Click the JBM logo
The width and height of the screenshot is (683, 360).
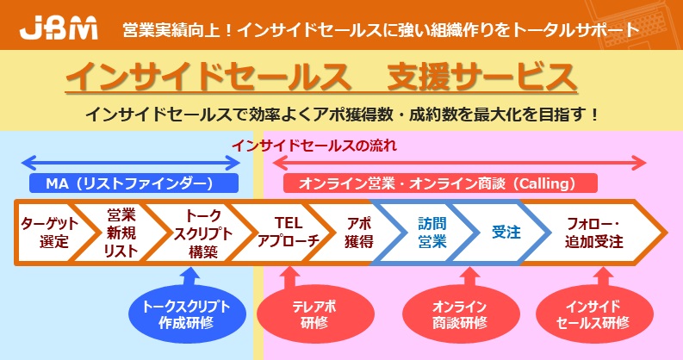click(59, 29)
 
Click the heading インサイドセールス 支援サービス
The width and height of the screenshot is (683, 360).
click(321, 77)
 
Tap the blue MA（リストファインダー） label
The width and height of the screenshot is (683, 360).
click(133, 183)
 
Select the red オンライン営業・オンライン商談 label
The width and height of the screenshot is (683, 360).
click(440, 183)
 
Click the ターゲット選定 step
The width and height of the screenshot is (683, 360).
click(49, 233)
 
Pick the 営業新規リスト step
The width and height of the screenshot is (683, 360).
click(121, 233)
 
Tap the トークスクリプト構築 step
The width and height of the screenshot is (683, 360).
click(202, 233)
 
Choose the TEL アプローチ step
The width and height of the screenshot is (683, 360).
click(288, 233)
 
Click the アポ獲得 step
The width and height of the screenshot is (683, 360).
click(358, 233)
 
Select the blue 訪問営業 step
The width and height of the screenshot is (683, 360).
click(432, 233)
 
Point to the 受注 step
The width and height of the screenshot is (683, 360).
click(506, 233)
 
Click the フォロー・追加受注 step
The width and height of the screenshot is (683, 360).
click(593, 233)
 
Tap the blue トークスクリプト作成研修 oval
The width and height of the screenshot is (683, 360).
click(187, 314)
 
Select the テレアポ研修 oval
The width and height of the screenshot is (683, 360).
click(315, 314)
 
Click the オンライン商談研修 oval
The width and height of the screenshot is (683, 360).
click(461, 314)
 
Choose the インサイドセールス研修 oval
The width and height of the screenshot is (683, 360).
click(594, 314)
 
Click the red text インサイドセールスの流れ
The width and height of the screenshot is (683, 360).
click(314, 146)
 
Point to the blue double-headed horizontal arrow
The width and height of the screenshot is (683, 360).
click(131, 164)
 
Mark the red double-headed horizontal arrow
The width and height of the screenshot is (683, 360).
click(459, 164)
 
